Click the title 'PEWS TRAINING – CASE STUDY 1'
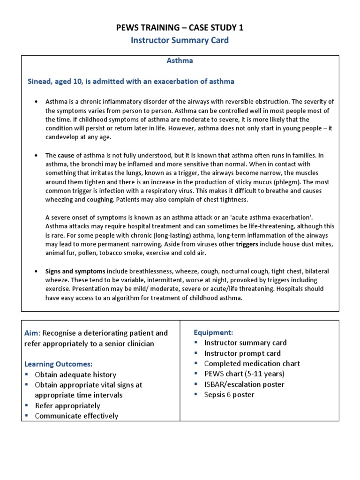[180, 28]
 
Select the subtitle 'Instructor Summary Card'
[180, 40]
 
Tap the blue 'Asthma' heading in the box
[180, 60]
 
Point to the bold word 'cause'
[66, 155]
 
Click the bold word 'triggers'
[247, 244]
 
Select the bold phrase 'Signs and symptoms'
[75, 271]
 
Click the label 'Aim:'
[33, 333]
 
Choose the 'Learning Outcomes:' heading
[58, 364]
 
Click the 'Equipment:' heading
[213, 332]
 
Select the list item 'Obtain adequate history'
[75, 375]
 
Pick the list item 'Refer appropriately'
[67, 405]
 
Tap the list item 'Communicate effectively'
[76, 416]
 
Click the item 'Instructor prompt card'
[242, 353]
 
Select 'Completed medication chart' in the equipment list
[252, 364]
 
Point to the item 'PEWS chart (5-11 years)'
[244, 374]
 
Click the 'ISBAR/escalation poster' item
[244, 384]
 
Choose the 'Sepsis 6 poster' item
[229, 395]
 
